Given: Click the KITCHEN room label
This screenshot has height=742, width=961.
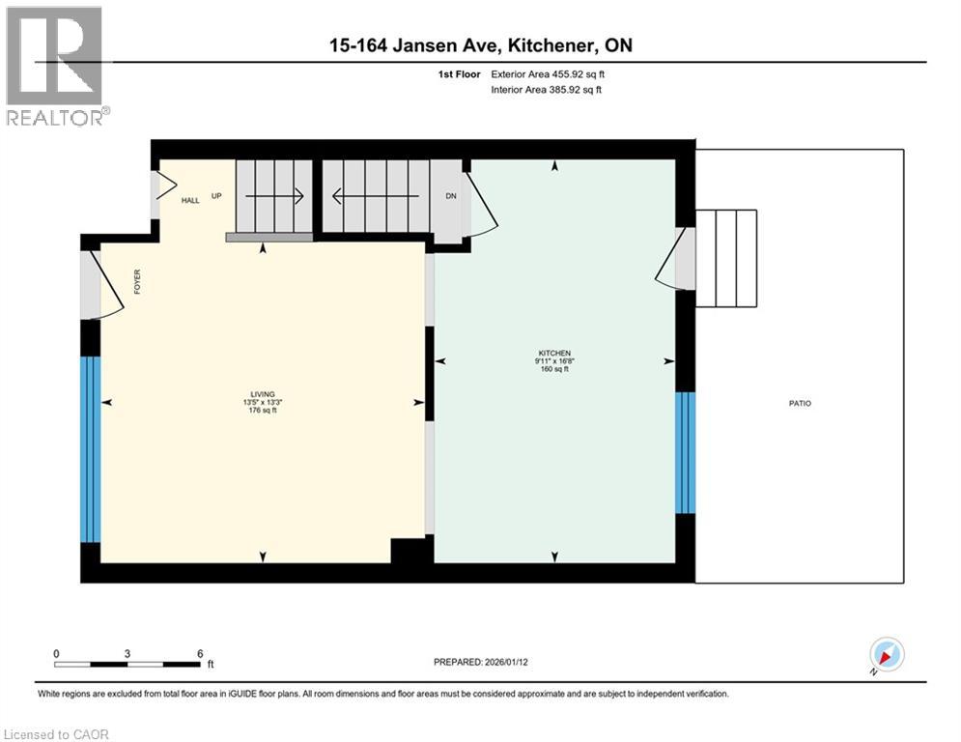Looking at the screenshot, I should coord(554,354).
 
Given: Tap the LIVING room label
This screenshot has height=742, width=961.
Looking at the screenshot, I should coord(263,394).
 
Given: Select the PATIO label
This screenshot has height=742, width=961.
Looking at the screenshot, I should coord(799,403).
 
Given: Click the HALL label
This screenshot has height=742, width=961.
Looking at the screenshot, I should coord(190,200).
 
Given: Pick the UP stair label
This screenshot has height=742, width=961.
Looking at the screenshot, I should coord(216,196).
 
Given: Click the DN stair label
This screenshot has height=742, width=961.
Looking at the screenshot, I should coord(450,196).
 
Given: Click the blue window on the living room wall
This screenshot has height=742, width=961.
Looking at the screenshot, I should coord(90,449).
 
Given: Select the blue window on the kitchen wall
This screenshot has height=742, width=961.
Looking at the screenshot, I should coord(685,452).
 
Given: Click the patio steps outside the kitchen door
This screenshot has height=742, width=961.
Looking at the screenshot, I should coord(725,258).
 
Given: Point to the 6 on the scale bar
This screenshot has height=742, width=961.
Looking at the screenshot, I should coord(200,653).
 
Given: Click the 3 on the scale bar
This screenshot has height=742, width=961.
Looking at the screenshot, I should coord(127,653).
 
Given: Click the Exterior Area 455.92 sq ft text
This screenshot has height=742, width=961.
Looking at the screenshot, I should coord(548,73).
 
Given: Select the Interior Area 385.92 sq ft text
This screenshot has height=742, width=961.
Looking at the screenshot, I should coord(547,90).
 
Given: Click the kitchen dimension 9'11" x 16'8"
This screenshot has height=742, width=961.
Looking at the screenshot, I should coord(554,361).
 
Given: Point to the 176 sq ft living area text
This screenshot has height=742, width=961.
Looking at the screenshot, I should coord(263,410).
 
